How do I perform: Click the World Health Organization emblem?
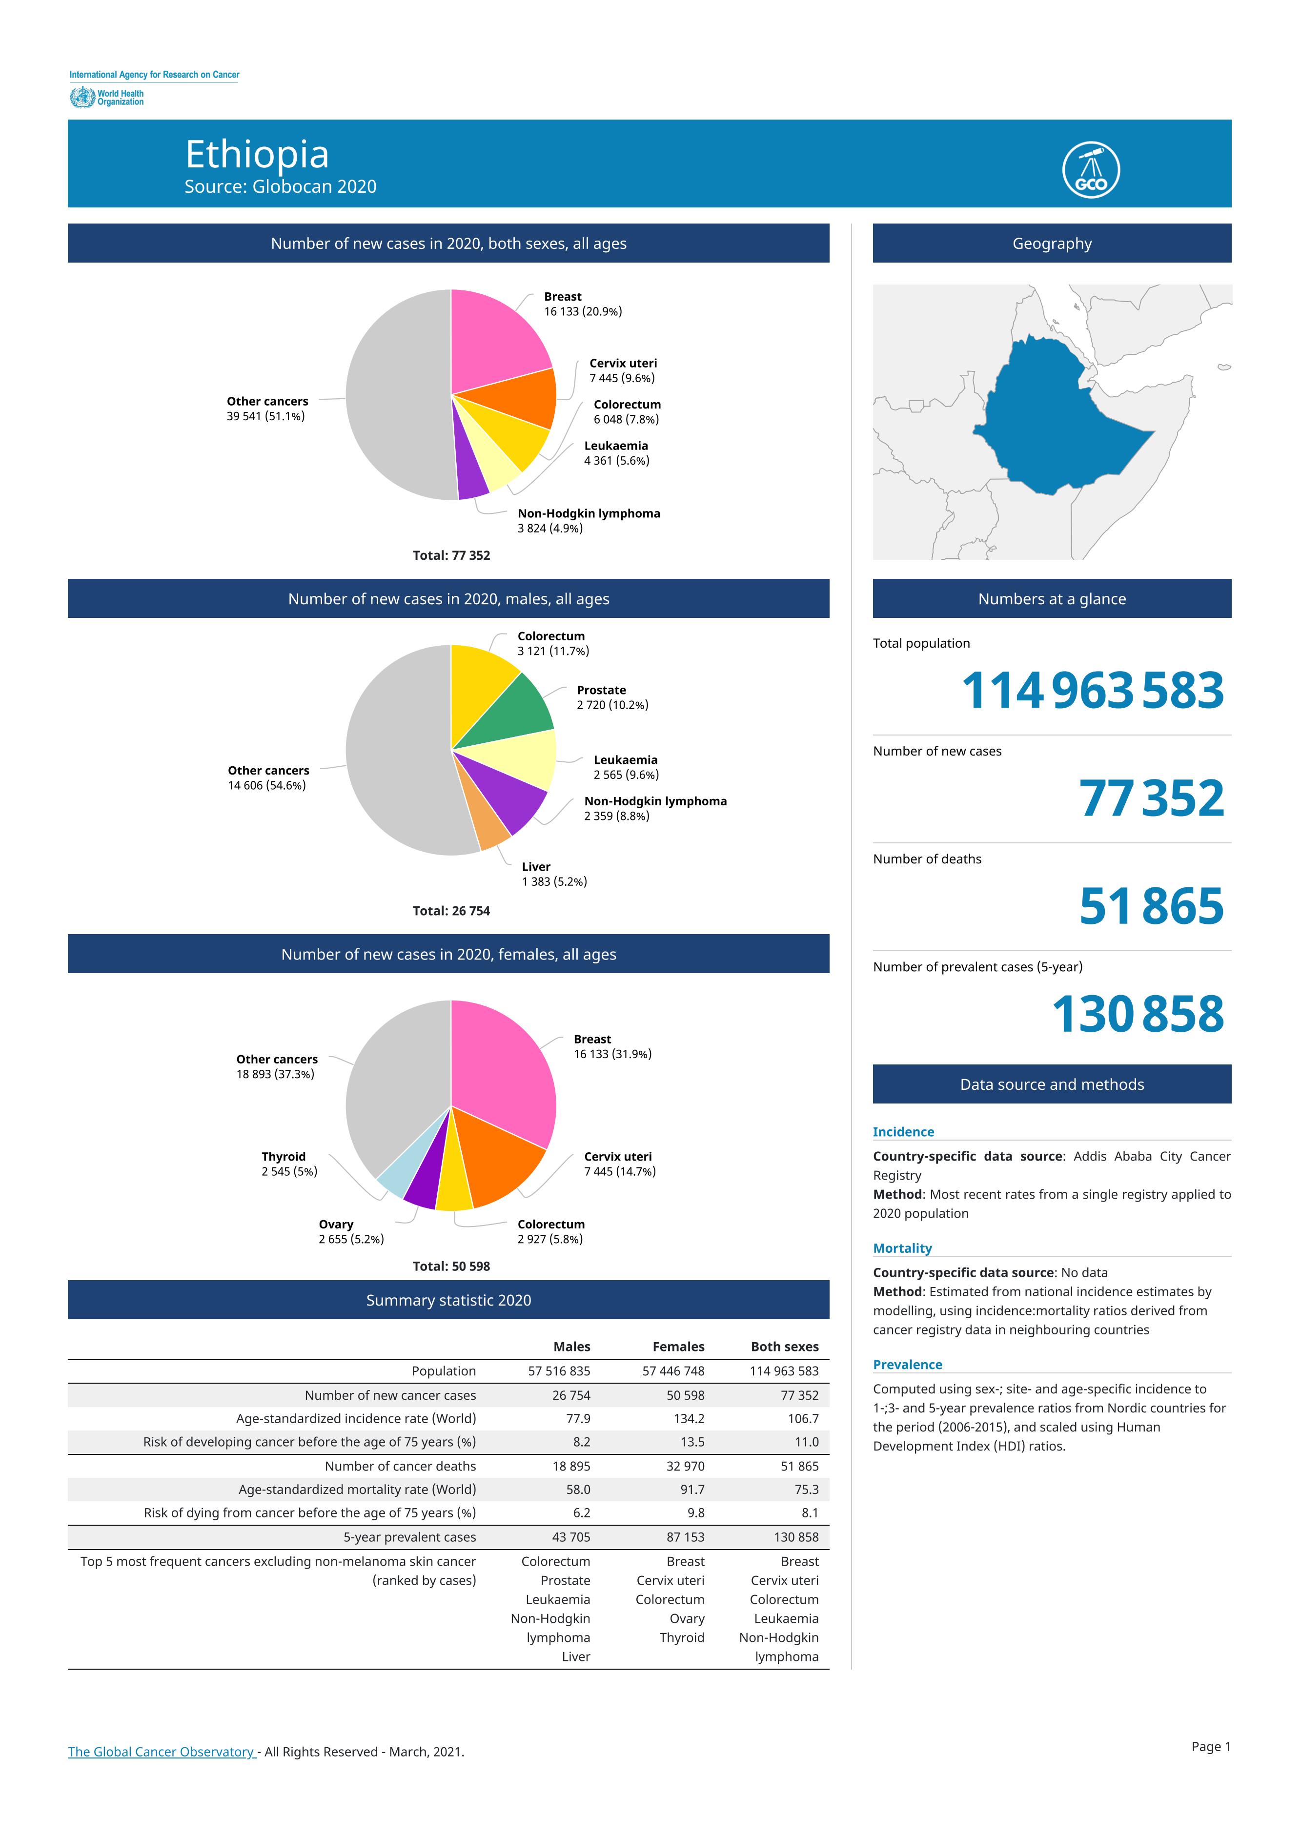coord(81,98)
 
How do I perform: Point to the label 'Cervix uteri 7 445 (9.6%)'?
coord(623,370)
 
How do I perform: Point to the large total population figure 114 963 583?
coord(1093,690)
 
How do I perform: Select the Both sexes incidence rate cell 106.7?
coord(803,1418)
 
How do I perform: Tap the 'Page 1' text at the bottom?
coord(1210,1746)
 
